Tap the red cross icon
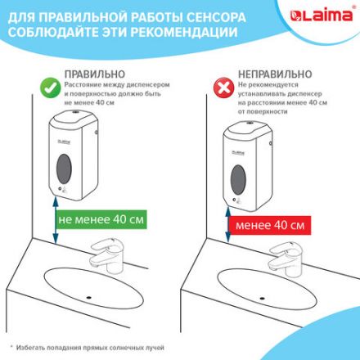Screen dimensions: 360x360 tap(220, 88)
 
